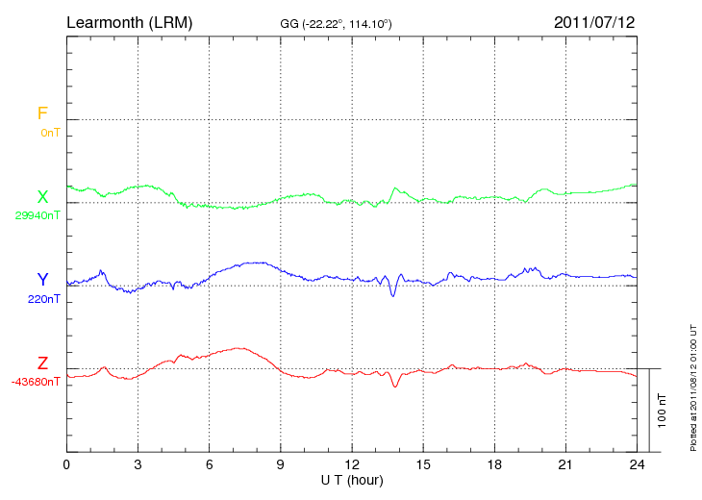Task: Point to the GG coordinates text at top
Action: [x=335, y=22]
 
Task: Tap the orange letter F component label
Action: [x=42, y=113]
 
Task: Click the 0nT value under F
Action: [x=49, y=132]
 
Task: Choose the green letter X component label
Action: [x=42, y=197]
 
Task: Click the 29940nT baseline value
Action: [x=37, y=215]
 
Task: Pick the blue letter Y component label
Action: [x=42, y=280]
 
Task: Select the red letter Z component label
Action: [x=42, y=363]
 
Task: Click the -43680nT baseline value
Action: [x=37, y=382]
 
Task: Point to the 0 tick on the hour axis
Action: [x=66, y=464]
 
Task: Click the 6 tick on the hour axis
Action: [x=209, y=464]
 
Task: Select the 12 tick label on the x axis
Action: [x=352, y=464]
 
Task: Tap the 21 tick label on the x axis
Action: [x=565, y=464]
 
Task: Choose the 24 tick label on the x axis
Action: [x=637, y=464]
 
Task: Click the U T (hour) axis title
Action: [x=352, y=479]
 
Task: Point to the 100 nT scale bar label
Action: [x=663, y=411]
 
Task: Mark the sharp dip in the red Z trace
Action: [x=395, y=386]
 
